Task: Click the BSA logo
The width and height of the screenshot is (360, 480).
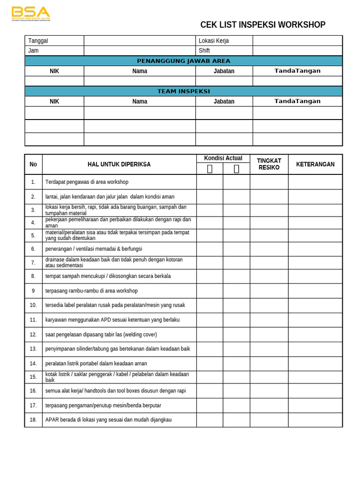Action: [x=30, y=14]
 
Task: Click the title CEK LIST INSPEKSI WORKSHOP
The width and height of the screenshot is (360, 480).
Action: [x=262, y=25]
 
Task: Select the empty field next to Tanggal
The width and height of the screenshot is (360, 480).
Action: [x=139, y=41]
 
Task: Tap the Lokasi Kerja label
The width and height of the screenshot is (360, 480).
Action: [x=214, y=41]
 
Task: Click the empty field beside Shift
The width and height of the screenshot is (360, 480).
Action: [x=297, y=51]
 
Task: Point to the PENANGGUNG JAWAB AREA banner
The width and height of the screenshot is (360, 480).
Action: [x=183, y=61]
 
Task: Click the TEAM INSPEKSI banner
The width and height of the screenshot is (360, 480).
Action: [x=183, y=91]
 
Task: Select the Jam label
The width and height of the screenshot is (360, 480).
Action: [x=33, y=51]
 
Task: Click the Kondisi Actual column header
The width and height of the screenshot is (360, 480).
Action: [x=223, y=158]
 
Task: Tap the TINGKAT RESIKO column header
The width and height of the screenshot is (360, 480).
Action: [x=269, y=164]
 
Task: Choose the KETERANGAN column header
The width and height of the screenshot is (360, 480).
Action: [x=315, y=164]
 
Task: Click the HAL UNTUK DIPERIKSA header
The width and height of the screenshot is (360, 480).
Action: [x=119, y=164]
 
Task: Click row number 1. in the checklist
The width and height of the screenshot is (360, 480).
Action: [x=33, y=182]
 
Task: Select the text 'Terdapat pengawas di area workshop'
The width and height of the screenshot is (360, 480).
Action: [x=87, y=182]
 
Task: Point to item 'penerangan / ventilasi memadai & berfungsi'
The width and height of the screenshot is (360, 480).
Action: [x=94, y=249]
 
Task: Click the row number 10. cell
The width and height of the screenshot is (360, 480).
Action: [x=33, y=305]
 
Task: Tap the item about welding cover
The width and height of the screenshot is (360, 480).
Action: [x=101, y=334]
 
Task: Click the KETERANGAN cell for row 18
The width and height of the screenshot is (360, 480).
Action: [x=315, y=420]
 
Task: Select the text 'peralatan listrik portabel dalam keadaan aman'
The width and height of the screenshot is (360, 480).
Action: [x=96, y=363]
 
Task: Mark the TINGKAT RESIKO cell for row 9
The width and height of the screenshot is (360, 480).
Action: [x=269, y=291]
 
